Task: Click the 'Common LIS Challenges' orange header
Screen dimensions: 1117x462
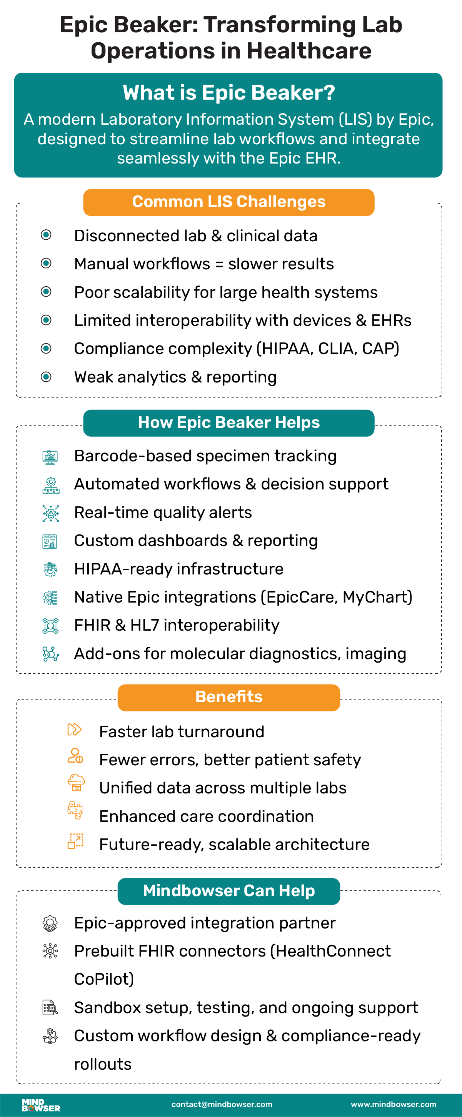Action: click(x=228, y=202)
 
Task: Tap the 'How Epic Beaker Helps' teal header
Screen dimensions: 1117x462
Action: click(x=228, y=423)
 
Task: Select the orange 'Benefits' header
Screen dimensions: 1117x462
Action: click(x=228, y=697)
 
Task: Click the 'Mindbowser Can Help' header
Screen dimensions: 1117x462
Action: click(x=228, y=891)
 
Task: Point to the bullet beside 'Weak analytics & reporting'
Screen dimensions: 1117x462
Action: click(x=46, y=377)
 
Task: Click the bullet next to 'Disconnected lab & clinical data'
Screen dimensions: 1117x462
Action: click(x=46, y=235)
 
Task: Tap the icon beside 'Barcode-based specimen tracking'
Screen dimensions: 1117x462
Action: click(x=50, y=457)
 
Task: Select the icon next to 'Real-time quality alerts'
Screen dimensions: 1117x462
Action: click(x=51, y=513)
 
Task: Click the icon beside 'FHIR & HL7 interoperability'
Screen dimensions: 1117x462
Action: click(x=51, y=626)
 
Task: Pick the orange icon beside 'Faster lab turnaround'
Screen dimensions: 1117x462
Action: click(x=74, y=730)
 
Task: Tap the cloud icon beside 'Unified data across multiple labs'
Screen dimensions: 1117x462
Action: click(x=76, y=783)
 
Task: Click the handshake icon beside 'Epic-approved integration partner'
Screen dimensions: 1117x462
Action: click(x=50, y=923)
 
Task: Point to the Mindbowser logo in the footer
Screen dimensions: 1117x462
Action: click(x=41, y=1105)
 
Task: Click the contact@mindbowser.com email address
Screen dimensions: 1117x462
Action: click(x=222, y=1104)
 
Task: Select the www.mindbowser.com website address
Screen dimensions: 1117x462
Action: click(x=393, y=1104)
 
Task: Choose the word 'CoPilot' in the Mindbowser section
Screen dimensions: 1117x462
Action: click(x=103, y=979)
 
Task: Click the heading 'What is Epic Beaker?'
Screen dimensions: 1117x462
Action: click(x=228, y=93)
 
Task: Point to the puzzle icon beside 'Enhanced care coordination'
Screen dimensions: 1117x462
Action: click(x=75, y=810)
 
